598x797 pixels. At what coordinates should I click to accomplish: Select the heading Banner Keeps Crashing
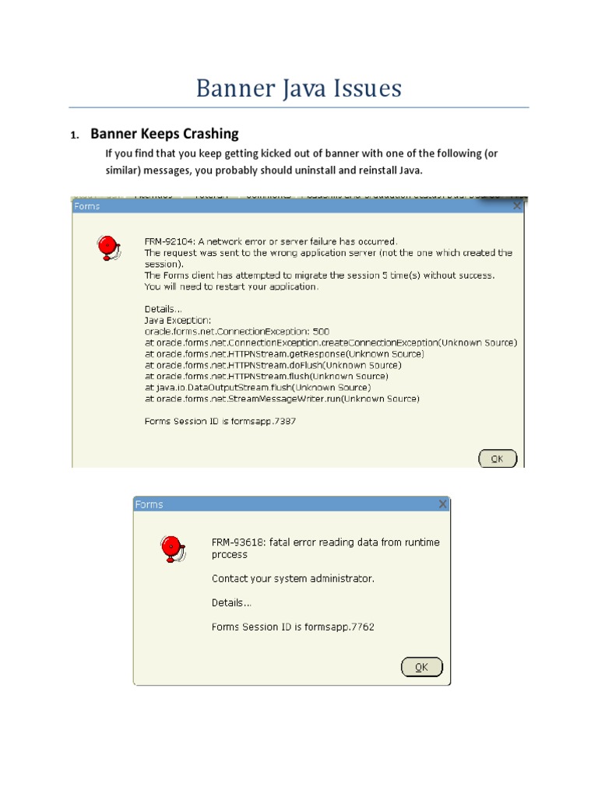164,134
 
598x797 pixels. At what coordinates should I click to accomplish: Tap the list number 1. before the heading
75,135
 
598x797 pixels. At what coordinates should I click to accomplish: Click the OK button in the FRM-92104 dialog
497,458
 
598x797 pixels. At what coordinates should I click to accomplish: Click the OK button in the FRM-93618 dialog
421,667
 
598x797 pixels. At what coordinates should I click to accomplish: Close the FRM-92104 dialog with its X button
517,207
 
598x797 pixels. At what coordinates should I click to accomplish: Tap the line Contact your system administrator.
293,579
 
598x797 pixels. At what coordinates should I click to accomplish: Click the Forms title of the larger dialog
86,207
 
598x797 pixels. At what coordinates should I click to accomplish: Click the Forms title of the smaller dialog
149,504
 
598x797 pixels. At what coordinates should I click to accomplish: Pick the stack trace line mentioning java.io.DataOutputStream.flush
258,387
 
